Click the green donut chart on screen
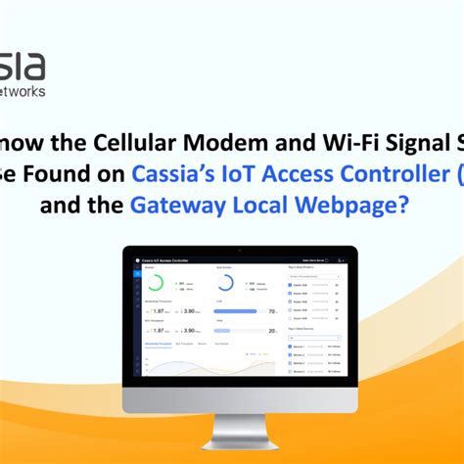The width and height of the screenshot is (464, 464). click(155, 284)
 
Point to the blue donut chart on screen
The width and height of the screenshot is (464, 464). click(225, 283)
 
